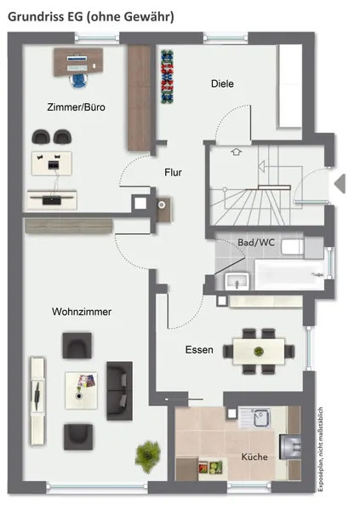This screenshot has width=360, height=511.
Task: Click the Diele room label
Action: click(222, 83)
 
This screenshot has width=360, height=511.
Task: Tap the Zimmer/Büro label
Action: click(77, 107)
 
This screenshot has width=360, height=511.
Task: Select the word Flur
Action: click(173, 172)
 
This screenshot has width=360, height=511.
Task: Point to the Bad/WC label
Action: click(256, 243)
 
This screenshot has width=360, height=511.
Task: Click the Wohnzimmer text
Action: click(82, 312)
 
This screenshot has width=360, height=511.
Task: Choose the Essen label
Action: click(199, 350)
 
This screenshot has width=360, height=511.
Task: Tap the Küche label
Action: click(254, 456)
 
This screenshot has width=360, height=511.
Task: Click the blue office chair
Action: click(78, 81)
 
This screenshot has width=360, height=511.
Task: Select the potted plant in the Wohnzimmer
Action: click(148, 456)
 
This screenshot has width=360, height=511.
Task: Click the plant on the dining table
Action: click(259, 351)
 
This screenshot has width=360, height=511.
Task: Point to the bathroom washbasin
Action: click(237, 281)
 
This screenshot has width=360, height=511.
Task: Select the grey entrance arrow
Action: click(340, 183)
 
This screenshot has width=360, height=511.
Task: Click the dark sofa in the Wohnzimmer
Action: click(119, 390)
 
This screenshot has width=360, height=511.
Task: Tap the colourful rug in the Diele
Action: click(167, 77)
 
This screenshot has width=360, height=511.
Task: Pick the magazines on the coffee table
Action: click(86, 381)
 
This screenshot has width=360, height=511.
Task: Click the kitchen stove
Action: click(290, 446)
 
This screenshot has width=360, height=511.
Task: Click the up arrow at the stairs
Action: click(237, 152)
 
